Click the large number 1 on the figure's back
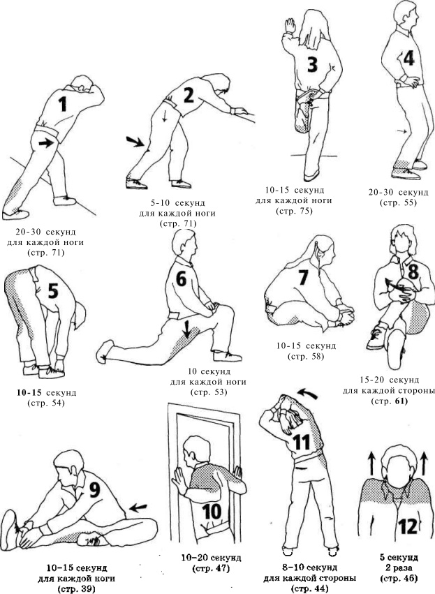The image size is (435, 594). tap(63, 103)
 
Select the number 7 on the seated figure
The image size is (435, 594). tap(303, 277)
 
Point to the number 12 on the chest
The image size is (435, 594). tap(408, 525)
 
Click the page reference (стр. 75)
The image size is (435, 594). tap(295, 211)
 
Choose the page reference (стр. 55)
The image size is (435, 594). tap(398, 202)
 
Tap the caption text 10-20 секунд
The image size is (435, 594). tap(211, 558)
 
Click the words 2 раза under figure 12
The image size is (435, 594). tap(399, 568)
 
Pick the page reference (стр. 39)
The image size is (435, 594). tap(76, 589)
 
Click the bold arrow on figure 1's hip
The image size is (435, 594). tap(46, 143)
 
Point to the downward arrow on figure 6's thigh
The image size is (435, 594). tap(186, 328)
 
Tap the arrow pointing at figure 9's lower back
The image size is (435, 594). tap(138, 507)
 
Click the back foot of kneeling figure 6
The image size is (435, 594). tap(104, 351)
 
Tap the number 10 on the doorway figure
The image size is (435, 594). tap(212, 512)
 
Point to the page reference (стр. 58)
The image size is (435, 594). tap(306, 357)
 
